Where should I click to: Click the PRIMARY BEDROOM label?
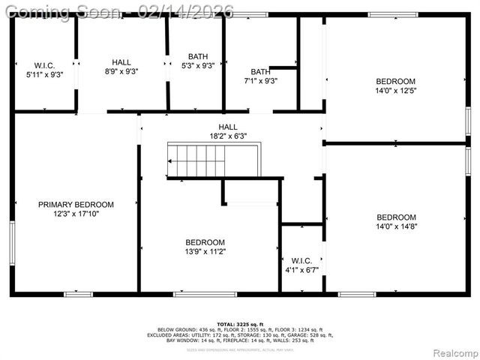pyautogui.click(x=76, y=204)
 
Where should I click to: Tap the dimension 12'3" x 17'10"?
pyautogui.click(x=76, y=214)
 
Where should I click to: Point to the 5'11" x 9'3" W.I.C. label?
pyautogui.click(x=44, y=73)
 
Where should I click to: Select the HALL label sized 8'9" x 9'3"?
pyautogui.click(x=121, y=62)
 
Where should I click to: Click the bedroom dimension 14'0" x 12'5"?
pyautogui.click(x=395, y=90)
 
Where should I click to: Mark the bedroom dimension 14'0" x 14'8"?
pyautogui.click(x=395, y=226)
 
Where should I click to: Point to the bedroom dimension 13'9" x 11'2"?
pyautogui.click(x=205, y=251)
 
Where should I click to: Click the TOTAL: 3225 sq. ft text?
pyautogui.click(x=240, y=323)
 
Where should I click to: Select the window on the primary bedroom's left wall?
pyautogui.click(x=12, y=241)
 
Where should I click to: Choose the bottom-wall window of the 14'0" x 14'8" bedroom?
pyautogui.click(x=357, y=294)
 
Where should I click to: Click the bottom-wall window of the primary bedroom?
pyautogui.click(x=78, y=294)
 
